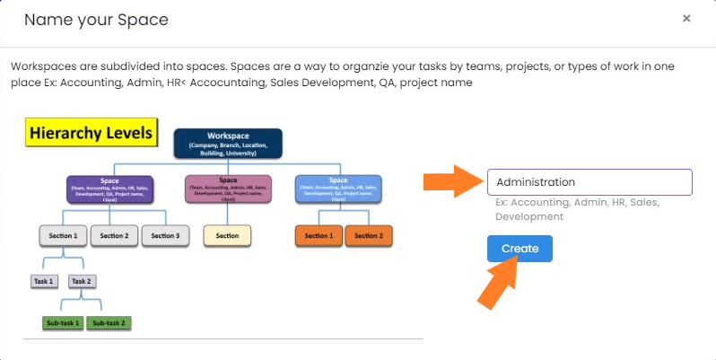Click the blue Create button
[520, 249]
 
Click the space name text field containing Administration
[589, 182]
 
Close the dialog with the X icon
[686, 18]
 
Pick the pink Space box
[228, 189]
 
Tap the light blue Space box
[337, 189]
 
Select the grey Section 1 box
[63, 235]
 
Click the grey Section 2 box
[114, 235]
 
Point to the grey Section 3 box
[165, 235]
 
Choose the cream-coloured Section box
[227, 235]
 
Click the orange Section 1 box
[318, 235]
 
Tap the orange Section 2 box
[369, 235]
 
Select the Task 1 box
[44, 281]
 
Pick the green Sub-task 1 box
[64, 322]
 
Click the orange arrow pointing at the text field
[452, 182]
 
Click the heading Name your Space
[96, 19]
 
